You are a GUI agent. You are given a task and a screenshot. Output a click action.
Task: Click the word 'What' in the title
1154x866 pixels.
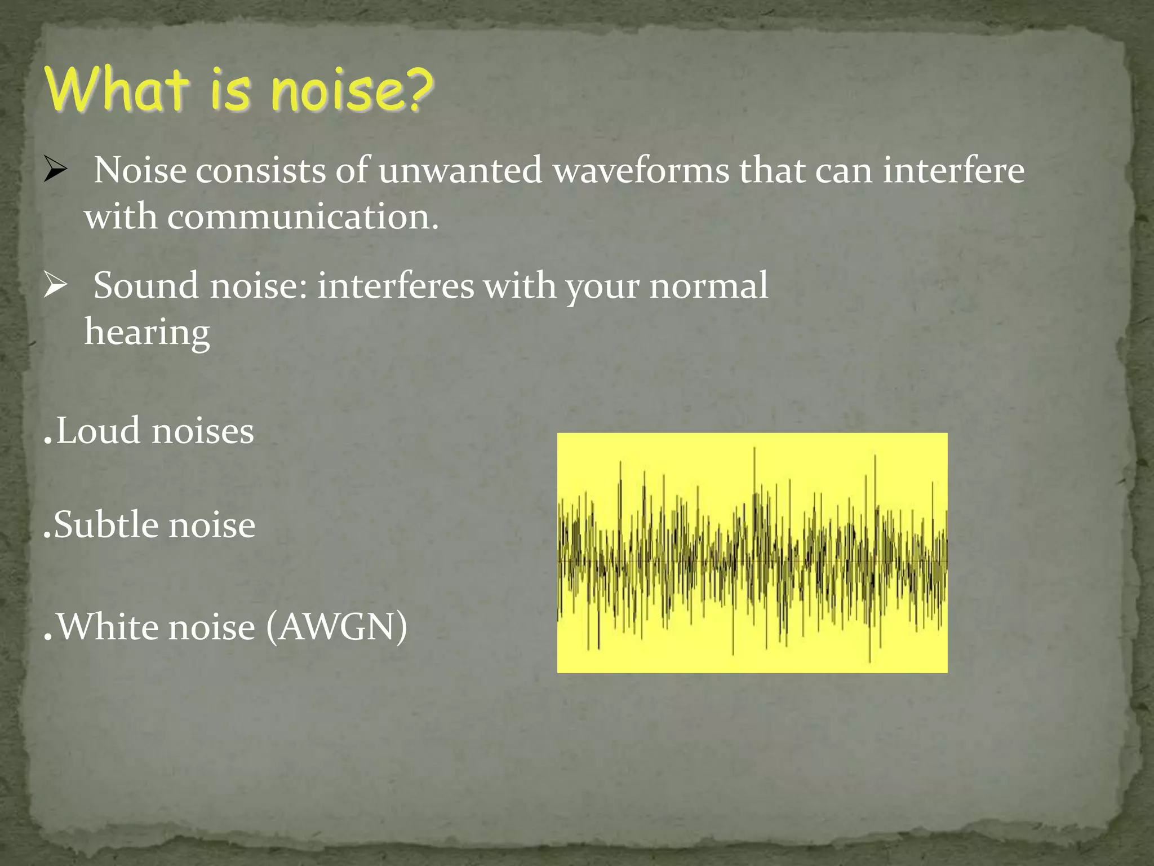(x=116, y=89)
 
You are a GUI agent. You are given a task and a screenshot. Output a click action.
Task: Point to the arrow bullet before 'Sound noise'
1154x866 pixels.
(x=55, y=285)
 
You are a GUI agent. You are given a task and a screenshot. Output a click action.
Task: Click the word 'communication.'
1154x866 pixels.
(x=303, y=216)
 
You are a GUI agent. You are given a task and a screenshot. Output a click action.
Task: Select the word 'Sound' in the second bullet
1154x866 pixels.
(x=146, y=285)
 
